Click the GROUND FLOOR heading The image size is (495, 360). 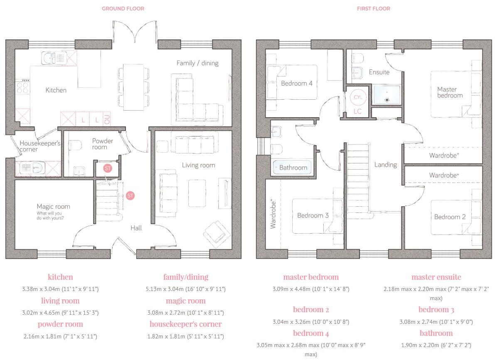click(x=123, y=8)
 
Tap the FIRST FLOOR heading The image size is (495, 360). click(x=373, y=8)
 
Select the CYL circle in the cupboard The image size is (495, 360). click(x=358, y=97)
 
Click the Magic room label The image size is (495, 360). click(x=53, y=207)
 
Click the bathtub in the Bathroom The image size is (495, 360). click(x=293, y=167)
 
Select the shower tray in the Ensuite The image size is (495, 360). click(x=387, y=94)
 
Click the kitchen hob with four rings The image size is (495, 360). click(x=22, y=88)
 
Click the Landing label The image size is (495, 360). click(x=385, y=165)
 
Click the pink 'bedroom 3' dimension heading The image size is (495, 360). click(x=436, y=309)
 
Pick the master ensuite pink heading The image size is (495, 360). click(x=436, y=277)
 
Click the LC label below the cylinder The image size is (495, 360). click(x=357, y=111)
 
